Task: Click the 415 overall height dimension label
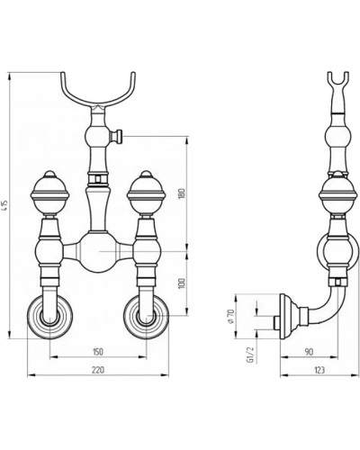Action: click(x=5, y=205)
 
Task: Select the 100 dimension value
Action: click(x=182, y=283)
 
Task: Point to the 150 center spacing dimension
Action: click(x=98, y=352)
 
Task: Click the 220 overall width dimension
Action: click(x=98, y=370)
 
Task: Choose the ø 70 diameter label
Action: click(x=230, y=317)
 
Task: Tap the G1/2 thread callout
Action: click(x=250, y=355)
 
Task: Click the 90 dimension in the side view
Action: click(x=309, y=352)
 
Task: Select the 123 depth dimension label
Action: click(x=319, y=370)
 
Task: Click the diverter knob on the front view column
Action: click(x=117, y=136)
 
